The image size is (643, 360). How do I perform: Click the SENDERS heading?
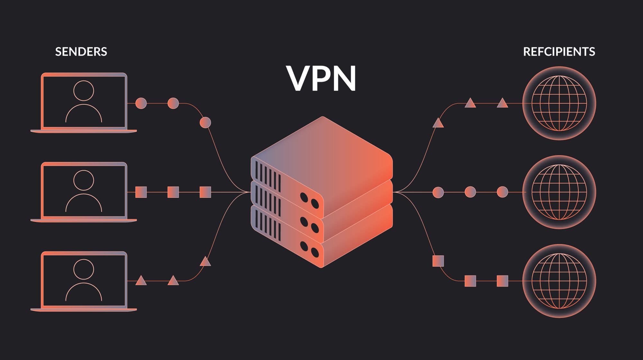(x=81, y=52)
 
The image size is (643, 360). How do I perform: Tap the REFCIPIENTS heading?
(x=559, y=52)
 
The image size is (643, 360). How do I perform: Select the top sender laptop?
(x=84, y=102)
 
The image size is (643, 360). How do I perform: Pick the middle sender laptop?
(x=84, y=192)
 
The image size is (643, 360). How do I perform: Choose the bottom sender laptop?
(x=84, y=281)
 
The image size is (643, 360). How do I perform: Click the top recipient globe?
(x=559, y=103)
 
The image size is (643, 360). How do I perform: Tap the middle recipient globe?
(x=559, y=192)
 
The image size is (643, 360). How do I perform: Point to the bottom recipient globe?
(x=559, y=281)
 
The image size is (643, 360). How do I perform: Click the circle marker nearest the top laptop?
(x=141, y=103)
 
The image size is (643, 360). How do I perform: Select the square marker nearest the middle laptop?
(x=141, y=192)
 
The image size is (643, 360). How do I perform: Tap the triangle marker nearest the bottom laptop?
(x=141, y=281)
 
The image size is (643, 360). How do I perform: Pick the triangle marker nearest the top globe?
(x=502, y=103)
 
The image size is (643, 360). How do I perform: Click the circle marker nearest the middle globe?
(x=502, y=192)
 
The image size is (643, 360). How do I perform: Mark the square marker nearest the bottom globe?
(x=502, y=281)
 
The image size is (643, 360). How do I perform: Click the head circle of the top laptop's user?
(x=84, y=90)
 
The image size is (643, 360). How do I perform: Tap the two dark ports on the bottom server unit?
(x=309, y=250)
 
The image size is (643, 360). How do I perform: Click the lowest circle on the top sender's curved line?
(x=205, y=123)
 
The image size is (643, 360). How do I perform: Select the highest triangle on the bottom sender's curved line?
(x=205, y=262)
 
